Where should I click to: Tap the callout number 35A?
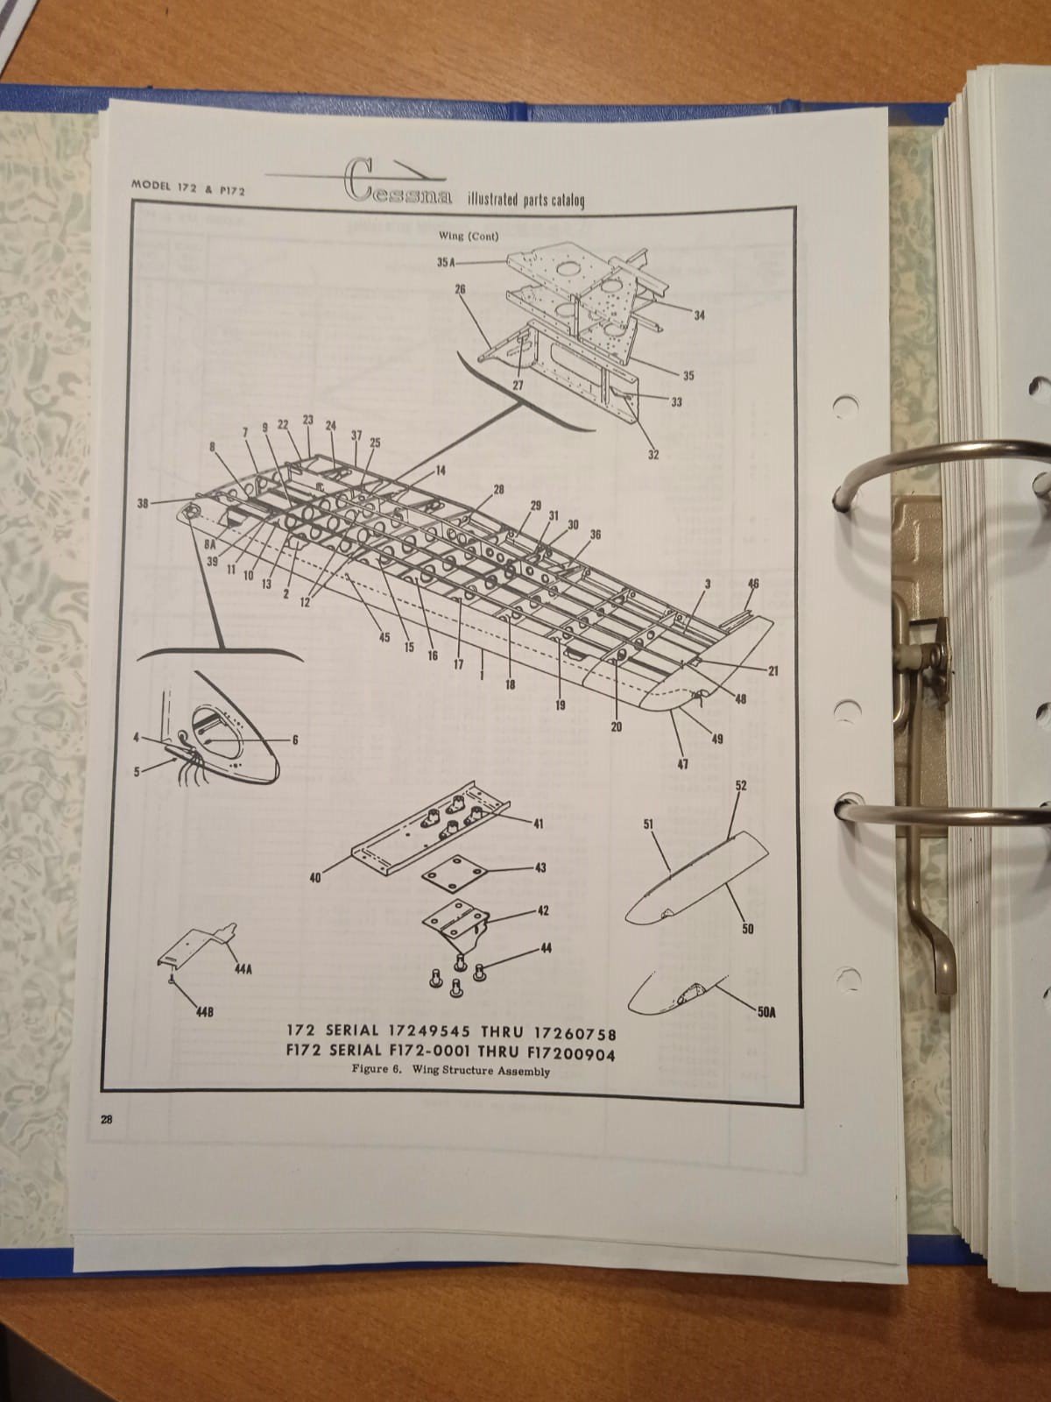coord(446,263)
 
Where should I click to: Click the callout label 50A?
coord(766,1012)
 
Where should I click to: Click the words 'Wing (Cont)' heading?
coord(469,237)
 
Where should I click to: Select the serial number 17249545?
coord(429,1031)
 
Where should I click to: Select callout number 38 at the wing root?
coord(143,503)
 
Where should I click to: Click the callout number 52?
coord(740,786)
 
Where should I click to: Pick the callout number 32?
coord(653,455)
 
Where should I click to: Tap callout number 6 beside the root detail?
coord(295,740)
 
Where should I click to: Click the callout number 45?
coord(384,637)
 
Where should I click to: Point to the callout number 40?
coord(315,878)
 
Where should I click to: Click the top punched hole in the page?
coord(845,407)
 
